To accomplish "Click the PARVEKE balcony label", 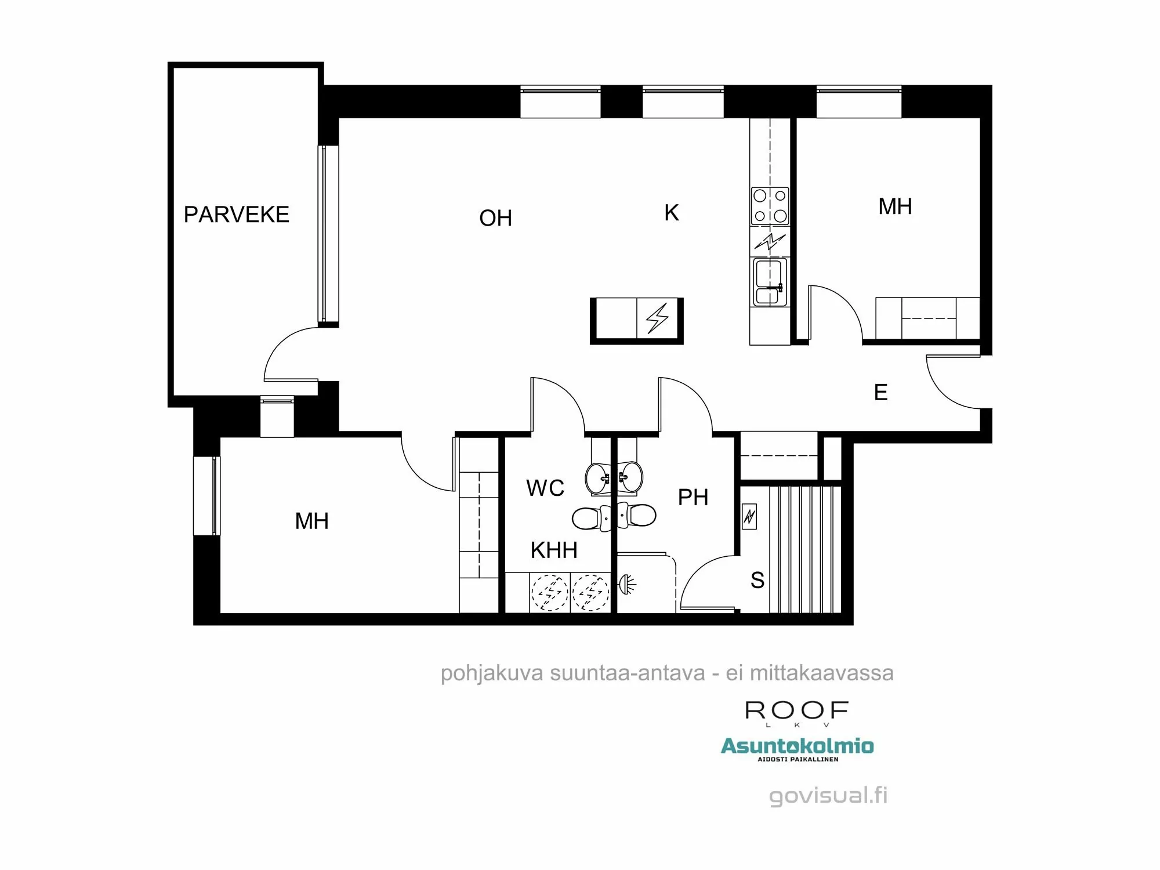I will pos(236,215).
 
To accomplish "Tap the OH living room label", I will pos(495,218).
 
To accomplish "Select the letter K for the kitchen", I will pos(671,213).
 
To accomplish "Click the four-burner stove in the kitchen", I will pos(770,206).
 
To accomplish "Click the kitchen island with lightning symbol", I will pos(637,320).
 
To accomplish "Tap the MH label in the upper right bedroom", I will pos(895,206).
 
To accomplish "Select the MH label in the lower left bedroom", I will pos(311,521).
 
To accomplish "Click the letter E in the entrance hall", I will pos(880,393).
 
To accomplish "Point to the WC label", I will pos(545,488).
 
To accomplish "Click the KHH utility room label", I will pos(554,550).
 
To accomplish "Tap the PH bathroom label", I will pos(693,497).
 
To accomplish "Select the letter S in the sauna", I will pos(757,580).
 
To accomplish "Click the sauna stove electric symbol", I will pos(749,515).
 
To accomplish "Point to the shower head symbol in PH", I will pos(627,583).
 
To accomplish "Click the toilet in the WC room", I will pos(587,518).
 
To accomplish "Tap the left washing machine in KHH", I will pos(549,593).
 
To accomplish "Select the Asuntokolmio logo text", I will pos(797,746).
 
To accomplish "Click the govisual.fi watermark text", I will pos(828,795).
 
